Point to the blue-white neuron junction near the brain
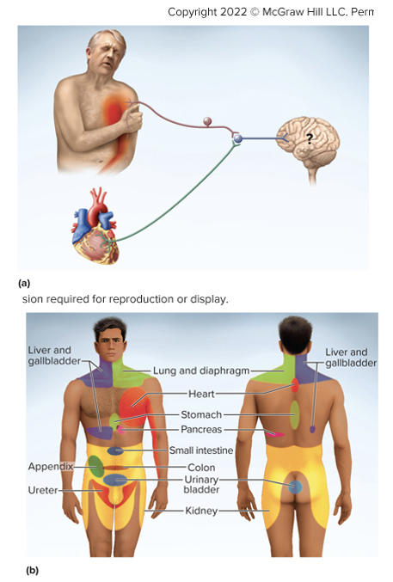point(236,138)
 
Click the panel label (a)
point(23,282)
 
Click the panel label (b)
point(32,569)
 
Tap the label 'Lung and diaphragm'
point(201,371)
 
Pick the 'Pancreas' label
point(203,429)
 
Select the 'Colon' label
point(200,468)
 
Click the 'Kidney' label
point(202,511)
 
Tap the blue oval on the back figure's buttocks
point(295,487)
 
